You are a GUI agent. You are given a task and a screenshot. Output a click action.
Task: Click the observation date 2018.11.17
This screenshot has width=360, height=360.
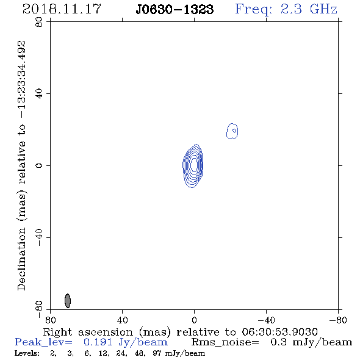(x=62, y=9)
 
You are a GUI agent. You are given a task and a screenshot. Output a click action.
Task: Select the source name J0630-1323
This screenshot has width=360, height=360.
(x=175, y=9)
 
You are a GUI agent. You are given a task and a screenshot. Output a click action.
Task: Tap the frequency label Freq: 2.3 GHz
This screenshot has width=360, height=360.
(x=286, y=9)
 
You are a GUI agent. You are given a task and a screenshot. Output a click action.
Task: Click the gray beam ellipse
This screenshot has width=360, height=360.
(x=68, y=301)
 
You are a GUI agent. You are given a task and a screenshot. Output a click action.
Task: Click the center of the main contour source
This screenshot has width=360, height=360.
(x=194, y=165)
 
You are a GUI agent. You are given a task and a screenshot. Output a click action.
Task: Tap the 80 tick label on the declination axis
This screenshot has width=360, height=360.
(x=39, y=22)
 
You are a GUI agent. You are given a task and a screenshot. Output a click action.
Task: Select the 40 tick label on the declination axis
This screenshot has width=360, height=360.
(x=39, y=94)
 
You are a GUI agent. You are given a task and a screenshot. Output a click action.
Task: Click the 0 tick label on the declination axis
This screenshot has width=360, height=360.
(x=39, y=165)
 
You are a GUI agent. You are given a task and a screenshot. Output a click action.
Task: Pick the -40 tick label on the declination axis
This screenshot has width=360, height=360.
(x=39, y=237)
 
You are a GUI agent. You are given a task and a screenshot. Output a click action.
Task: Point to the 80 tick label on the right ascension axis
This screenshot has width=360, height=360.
(x=50, y=320)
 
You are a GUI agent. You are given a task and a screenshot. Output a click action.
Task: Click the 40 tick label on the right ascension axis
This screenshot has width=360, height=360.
(x=122, y=320)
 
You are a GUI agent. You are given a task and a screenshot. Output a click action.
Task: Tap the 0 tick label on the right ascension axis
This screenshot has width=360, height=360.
(x=194, y=320)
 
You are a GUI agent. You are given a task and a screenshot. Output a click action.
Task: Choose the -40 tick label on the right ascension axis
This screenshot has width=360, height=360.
(x=266, y=320)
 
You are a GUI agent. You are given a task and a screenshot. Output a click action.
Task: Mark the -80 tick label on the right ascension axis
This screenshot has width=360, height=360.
(x=338, y=320)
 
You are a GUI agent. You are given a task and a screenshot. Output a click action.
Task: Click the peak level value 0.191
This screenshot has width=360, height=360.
(x=98, y=342)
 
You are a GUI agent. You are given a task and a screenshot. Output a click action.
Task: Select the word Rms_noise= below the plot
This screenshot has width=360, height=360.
(x=226, y=342)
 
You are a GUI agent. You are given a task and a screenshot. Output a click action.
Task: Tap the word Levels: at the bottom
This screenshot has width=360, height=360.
(x=27, y=353)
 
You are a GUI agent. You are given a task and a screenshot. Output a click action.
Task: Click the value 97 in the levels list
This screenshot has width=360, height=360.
(x=157, y=353)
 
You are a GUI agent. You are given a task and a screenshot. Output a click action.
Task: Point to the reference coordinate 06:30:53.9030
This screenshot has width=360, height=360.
(x=279, y=332)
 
